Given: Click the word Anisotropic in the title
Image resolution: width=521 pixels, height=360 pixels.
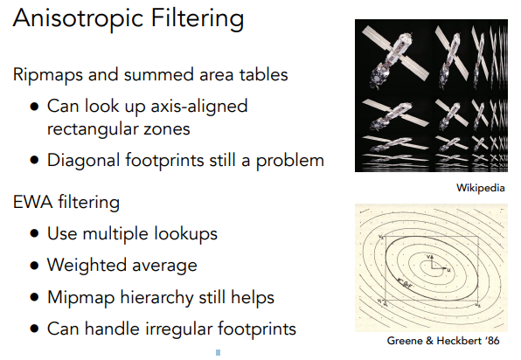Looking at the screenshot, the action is click(x=78, y=19).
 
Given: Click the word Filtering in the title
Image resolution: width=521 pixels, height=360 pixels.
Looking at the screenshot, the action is click(x=198, y=19).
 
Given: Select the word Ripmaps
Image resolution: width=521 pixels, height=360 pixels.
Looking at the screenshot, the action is click(x=48, y=75).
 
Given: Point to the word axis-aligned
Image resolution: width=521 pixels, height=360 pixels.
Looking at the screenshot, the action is click(x=199, y=107).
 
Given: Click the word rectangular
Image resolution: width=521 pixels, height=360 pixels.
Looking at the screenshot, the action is click(x=93, y=128).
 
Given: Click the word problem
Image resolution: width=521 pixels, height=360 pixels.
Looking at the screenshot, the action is click(x=289, y=161).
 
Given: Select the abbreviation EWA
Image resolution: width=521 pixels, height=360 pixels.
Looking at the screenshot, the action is click(x=32, y=202).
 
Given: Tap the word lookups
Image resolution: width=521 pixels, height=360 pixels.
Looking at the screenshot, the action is click(x=185, y=234).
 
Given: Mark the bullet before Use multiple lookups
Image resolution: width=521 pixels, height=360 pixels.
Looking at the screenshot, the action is click(x=34, y=233).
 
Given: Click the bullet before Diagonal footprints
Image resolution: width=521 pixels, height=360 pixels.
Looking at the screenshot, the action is click(x=34, y=160).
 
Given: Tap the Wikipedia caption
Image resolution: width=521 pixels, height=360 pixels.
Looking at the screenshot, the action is click(x=481, y=188).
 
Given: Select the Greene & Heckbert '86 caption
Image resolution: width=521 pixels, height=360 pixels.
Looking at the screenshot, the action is click(x=443, y=341).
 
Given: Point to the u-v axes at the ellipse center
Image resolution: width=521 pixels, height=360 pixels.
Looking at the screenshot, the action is click(x=437, y=263).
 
